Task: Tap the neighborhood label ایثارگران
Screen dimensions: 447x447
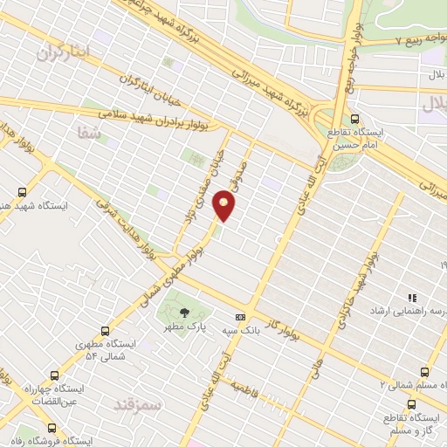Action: [x=64, y=52]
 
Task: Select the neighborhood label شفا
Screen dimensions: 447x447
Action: [x=91, y=132]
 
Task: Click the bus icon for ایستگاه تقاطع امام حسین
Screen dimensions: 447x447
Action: [x=354, y=119]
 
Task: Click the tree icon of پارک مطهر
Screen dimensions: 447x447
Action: [x=183, y=312]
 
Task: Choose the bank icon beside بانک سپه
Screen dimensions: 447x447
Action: [x=240, y=317]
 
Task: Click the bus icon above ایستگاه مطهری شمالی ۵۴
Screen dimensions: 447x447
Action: [x=106, y=332]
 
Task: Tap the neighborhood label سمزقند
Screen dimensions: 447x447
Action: [x=139, y=405]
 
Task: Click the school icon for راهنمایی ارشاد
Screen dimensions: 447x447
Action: [x=412, y=298]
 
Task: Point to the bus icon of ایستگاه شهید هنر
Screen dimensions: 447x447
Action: [x=21, y=192]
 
